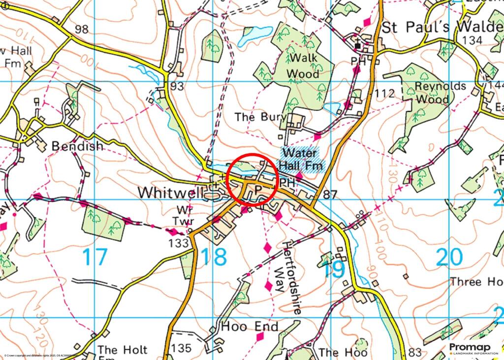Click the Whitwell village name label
point(170,193)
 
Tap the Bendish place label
point(78,146)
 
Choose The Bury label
point(252,117)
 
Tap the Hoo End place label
point(250,327)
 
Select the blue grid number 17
point(94,258)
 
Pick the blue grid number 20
point(449,257)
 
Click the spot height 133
point(179,242)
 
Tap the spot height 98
point(81,30)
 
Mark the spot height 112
point(384,93)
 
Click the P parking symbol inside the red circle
point(257,190)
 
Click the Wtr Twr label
point(183,215)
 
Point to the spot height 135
point(181,348)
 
